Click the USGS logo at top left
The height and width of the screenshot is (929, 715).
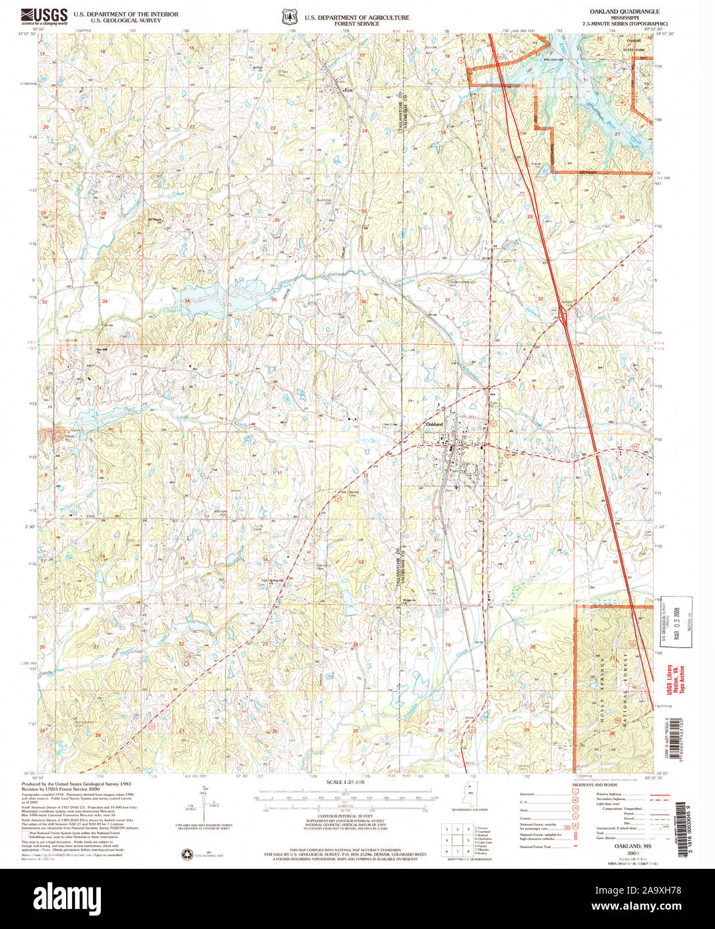coord(44,15)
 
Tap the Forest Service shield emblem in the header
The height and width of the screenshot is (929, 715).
coord(289,15)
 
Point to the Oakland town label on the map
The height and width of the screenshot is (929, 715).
coord(434,424)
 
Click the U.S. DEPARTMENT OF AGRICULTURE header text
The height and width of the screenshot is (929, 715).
coord(357,17)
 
